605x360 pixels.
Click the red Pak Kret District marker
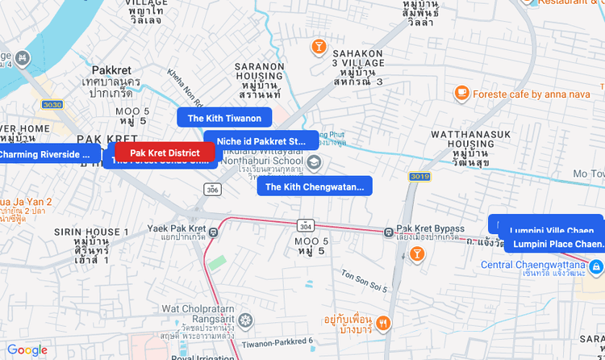(165, 153)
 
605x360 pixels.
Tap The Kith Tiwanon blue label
(224, 118)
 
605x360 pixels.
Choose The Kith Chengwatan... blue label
(315, 187)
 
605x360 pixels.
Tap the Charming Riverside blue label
(44, 154)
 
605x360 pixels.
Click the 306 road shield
(212, 189)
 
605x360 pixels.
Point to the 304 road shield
(305, 225)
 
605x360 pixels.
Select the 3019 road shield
(419, 176)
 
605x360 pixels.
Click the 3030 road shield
(52, 105)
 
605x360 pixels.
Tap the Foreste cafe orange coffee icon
(461, 94)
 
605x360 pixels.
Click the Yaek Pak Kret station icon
(213, 233)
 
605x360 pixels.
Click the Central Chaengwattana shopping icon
(596, 266)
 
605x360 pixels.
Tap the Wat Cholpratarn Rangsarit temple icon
(244, 321)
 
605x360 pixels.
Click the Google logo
(27, 350)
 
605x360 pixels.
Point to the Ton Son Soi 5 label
(365, 282)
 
